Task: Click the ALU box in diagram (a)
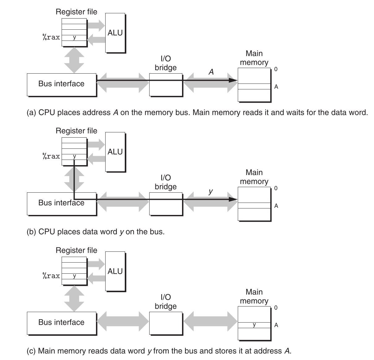click(x=115, y=33)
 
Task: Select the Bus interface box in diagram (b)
click(x=61, y=204)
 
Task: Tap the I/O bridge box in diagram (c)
click(x=166, y=323)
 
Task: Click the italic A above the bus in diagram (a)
click(x=211, y=72)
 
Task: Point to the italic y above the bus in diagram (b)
click(x=211, y=191)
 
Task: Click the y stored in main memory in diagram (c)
click(x=254, y=325)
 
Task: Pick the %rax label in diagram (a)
click(x=51, y=37)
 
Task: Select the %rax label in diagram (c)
click(x=51, y=276)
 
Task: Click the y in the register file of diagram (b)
click(x=74, y=156)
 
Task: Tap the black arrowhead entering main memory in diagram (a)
click(x=233, y=80)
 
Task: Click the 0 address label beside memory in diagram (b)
click(x=276, y=188)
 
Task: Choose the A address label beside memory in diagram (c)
click(x=276, y=325)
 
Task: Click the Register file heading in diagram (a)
click(x=76, y=12)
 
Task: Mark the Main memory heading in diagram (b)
click(x=254, y=177)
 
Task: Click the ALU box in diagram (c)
click(x=115, y=271)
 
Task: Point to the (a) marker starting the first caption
click(x=31, y=113)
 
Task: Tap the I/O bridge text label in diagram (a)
click(x=166, y=63)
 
